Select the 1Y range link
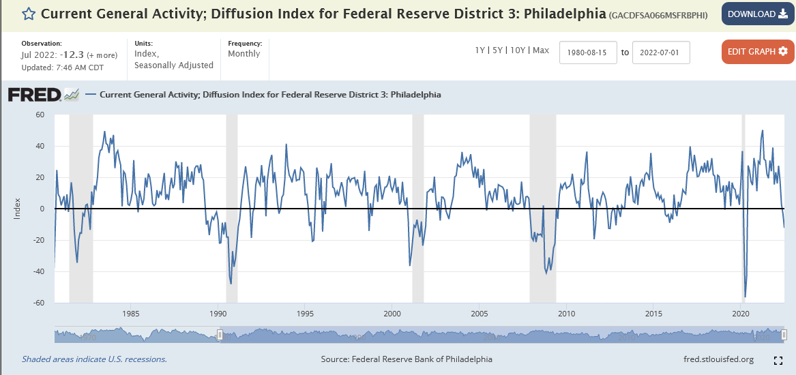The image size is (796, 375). click(481, 50)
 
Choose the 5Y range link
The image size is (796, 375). click(499, 50)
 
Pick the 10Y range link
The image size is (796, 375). click(518, 50)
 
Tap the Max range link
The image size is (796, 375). click(541, 50)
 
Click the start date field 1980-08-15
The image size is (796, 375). click(588, 52)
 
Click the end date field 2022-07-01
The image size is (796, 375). click(661, 52)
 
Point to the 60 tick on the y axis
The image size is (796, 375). click(40, 115)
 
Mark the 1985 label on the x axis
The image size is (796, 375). click(131, 314)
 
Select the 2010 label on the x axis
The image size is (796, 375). click(566, 314)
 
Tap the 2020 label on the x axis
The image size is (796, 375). click(741, 314)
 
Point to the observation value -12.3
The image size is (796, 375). click(72, 55)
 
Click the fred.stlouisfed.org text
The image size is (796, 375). click(718, 359)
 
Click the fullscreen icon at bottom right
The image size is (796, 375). click(778, 360)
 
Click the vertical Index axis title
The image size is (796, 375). click(18, 209)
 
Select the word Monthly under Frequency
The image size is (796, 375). click(244, 54)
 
